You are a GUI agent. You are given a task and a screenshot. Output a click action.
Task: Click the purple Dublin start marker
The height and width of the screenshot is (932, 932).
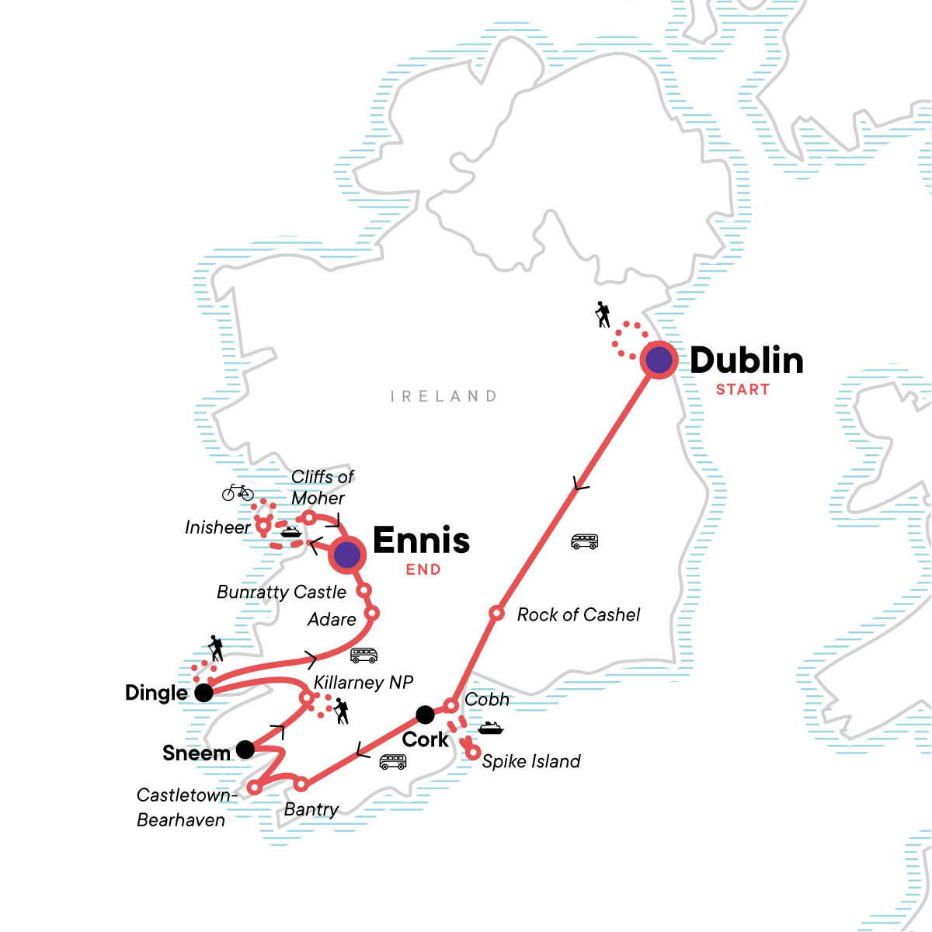(x=659, y=360)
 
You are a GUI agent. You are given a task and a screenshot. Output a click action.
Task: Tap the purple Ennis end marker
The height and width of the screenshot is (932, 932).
(x=347, y=555)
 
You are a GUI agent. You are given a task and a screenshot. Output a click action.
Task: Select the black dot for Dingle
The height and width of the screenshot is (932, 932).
(x=203, y=693)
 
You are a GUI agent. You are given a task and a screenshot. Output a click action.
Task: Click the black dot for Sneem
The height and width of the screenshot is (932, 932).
(x=245, y=749)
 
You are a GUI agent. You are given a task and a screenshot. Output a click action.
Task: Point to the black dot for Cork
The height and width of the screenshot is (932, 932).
(x=425, y=714)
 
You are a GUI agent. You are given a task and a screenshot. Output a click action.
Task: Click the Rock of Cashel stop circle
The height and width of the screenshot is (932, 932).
(x=496, y=614)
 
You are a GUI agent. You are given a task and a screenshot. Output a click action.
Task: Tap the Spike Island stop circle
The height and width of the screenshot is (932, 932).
(x=472, y=752)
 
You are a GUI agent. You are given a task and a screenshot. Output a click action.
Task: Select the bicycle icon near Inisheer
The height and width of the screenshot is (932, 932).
(x=238, y=492)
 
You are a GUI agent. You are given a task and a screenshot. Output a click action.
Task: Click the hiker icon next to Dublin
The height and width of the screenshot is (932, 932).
(x=602, y=315)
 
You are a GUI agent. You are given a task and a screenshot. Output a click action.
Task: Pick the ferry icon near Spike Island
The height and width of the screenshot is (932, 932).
(x=491, y=729)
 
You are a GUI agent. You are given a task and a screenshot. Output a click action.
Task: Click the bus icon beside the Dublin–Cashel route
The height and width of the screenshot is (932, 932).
(x=584, y=541)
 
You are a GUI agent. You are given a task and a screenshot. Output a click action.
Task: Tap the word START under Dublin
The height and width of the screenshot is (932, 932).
(x=742, y=390)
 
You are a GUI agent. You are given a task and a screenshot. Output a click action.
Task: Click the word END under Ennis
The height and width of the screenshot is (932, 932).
(x=423, y=570)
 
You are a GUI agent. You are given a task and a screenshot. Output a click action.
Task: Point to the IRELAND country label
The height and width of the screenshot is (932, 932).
(x=443, y=397)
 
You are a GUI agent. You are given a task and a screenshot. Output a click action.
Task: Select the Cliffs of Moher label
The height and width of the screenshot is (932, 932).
(x=322, y=487)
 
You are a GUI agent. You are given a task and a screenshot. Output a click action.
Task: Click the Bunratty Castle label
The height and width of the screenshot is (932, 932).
(x=281, y=592)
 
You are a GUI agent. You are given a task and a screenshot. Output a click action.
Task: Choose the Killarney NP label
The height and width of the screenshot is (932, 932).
(x=363, y=683)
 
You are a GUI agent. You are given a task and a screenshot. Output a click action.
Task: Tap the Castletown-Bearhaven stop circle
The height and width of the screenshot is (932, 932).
(x=254, y=788)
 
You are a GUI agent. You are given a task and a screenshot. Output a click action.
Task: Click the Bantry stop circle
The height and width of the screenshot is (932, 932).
(x=301, y=784)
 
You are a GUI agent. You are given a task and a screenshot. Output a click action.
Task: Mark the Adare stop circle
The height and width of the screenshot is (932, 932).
(x=371, y=614)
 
